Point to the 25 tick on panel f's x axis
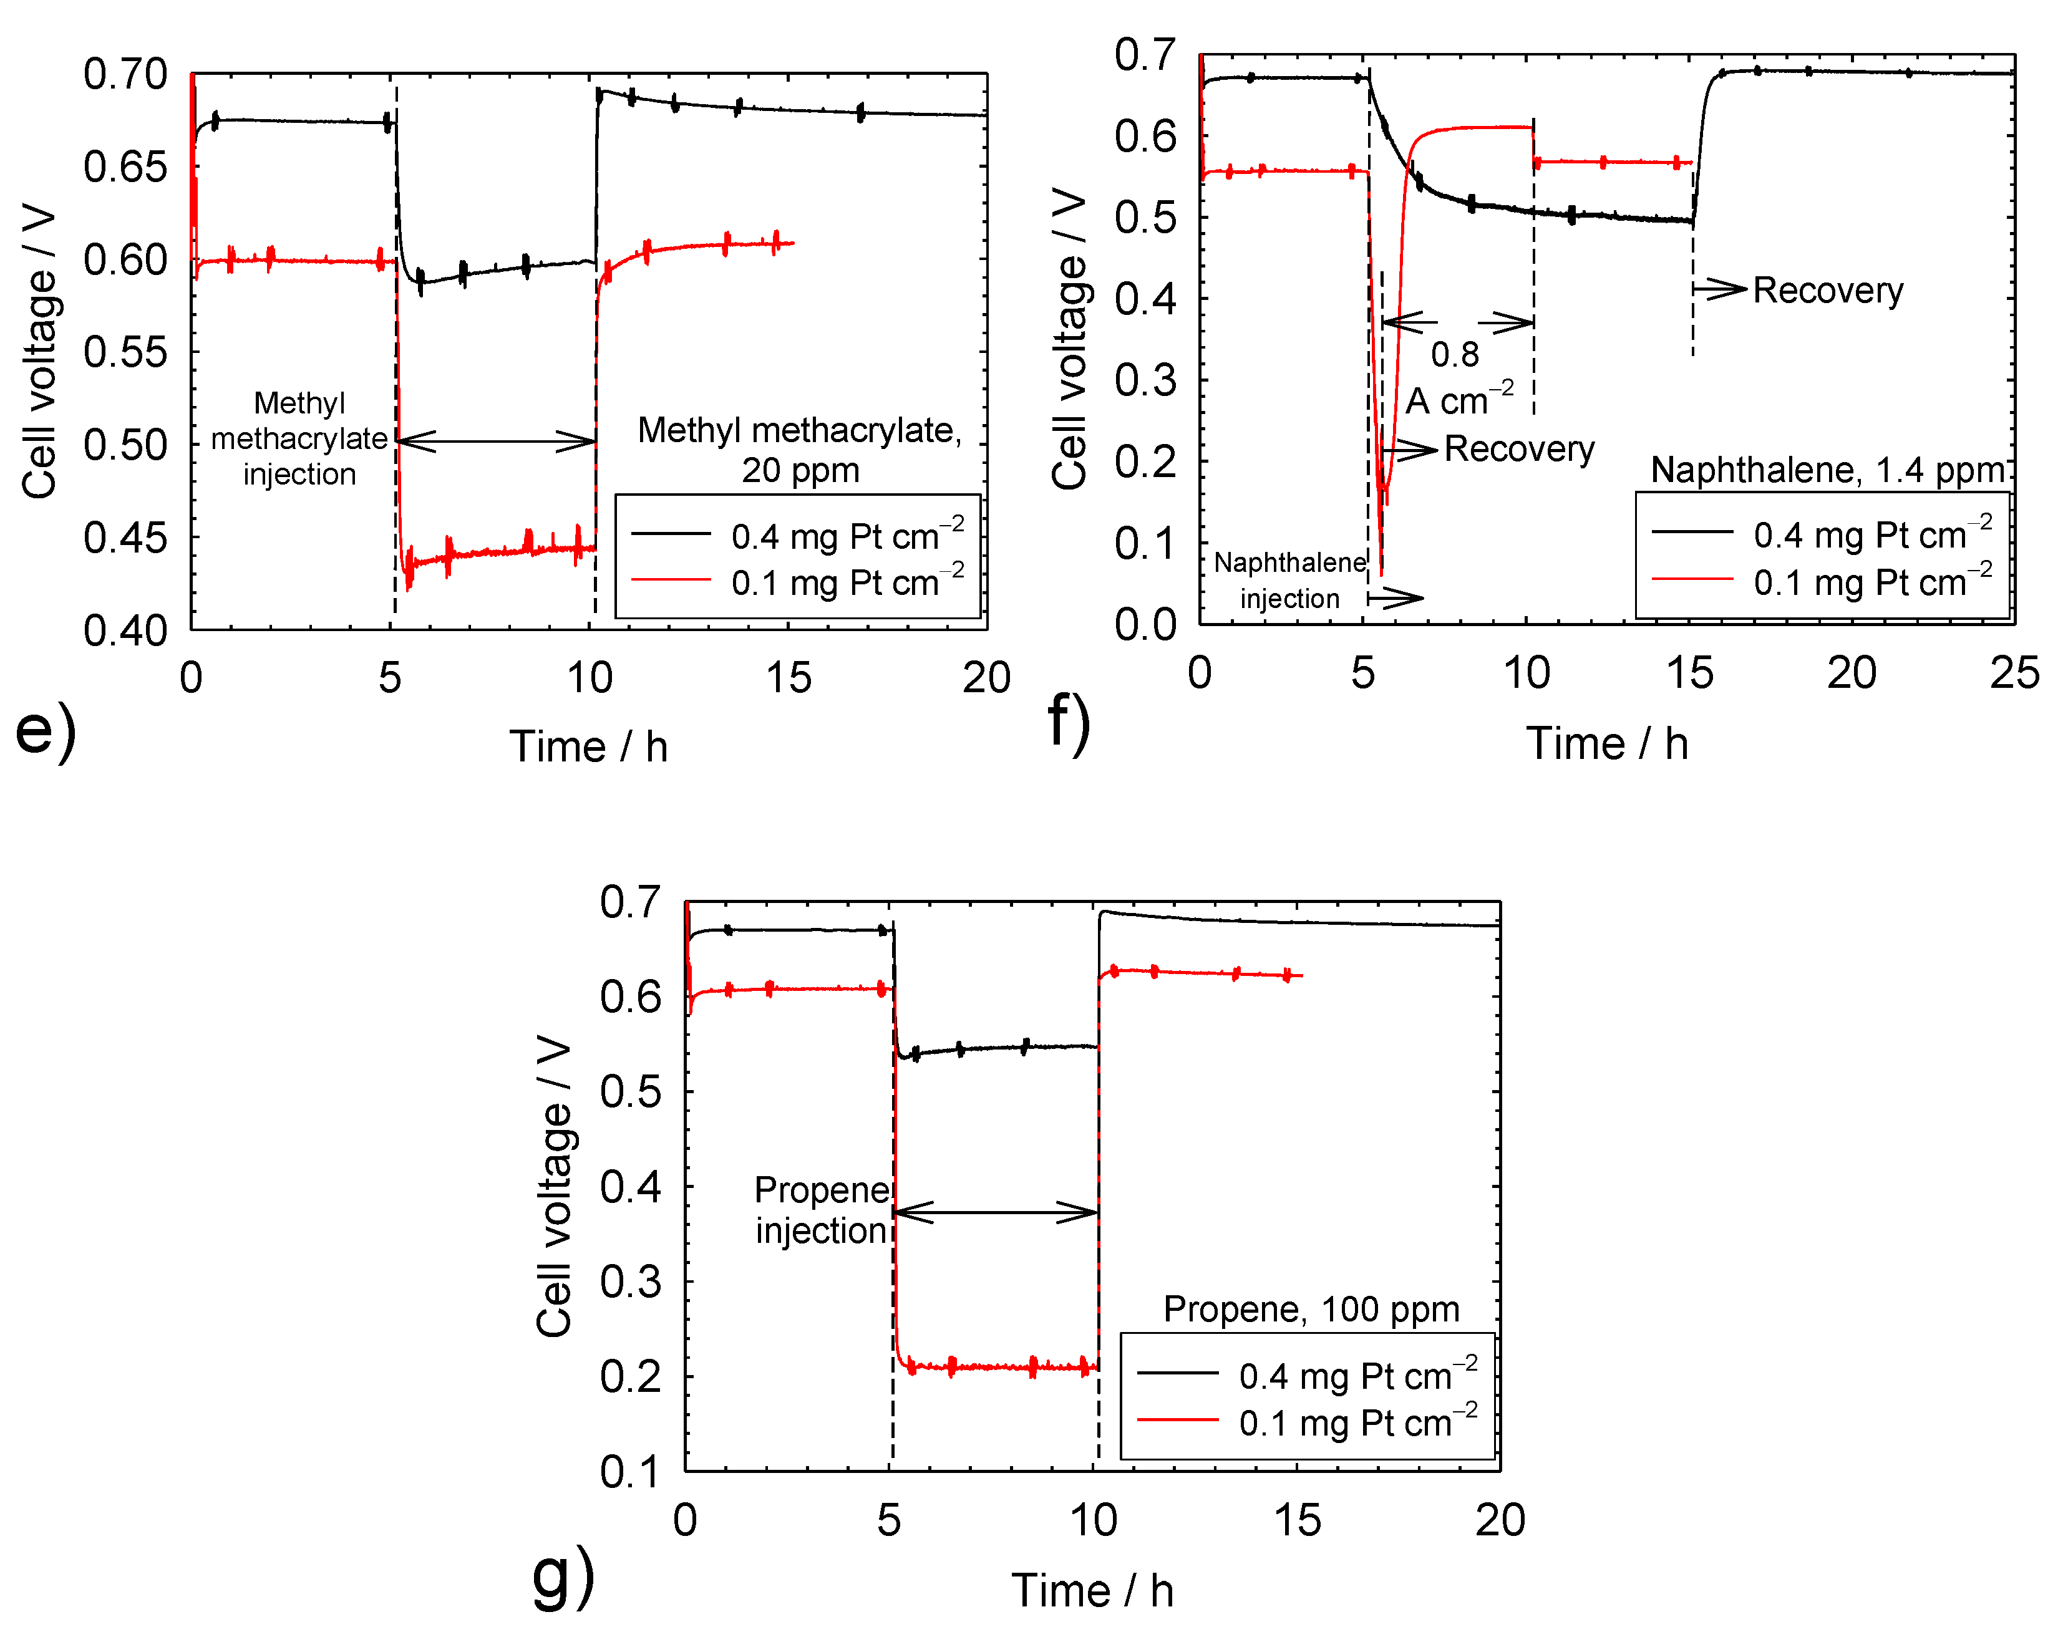tap(2014, 673)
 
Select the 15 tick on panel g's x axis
tap(1297, 1521)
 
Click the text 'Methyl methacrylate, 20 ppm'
tap(800, 450)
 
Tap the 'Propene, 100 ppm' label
tap(1311, 1310)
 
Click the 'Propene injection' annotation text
tap(822, 1210)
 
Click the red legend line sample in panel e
tap(671, 579)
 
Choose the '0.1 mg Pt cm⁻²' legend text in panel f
tap(1873, 582)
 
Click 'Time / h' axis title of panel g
tap(1092, 1591)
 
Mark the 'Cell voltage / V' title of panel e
tap(40, 352)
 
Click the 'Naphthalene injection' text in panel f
tap(1289, 580)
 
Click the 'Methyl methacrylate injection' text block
tap(299, 439)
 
